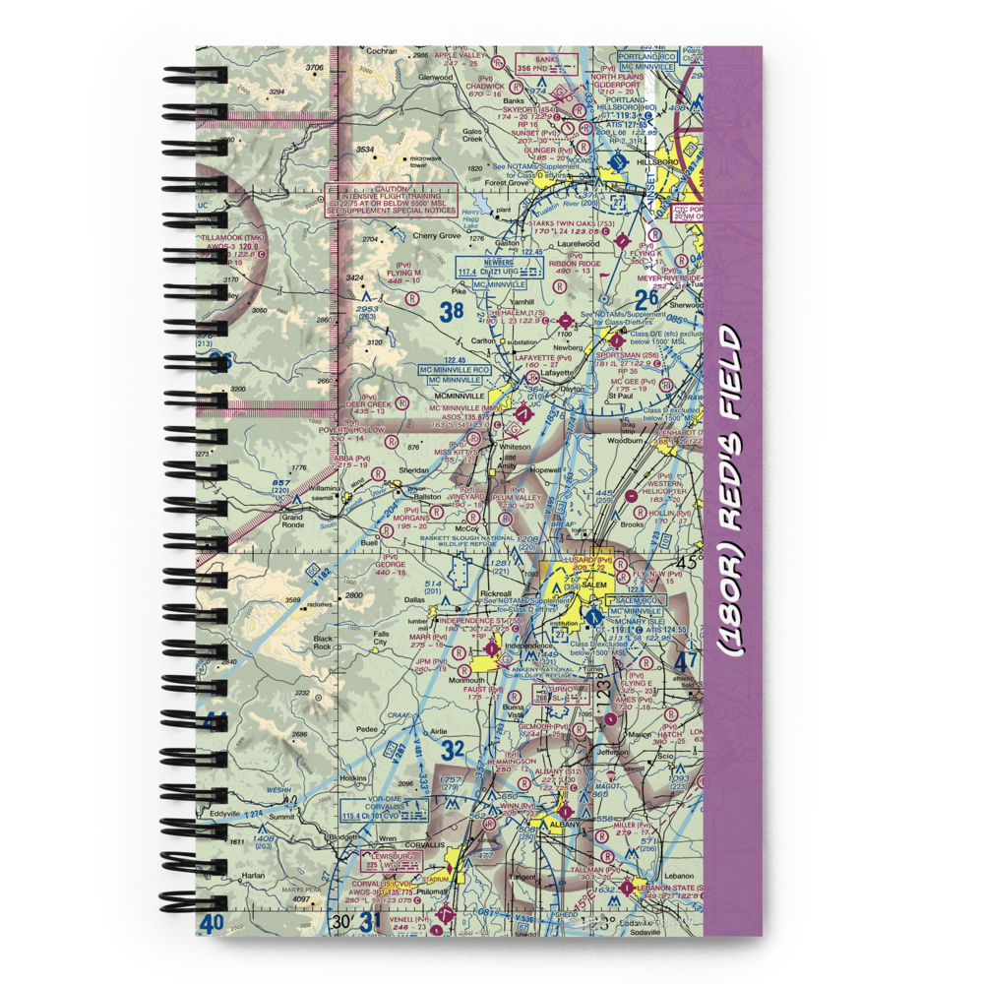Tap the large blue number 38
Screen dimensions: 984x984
451,313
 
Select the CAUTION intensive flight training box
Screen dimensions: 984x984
391,199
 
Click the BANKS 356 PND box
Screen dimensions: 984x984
546,64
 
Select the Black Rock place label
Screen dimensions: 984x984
322,644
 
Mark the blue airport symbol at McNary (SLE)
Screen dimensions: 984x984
592,617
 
